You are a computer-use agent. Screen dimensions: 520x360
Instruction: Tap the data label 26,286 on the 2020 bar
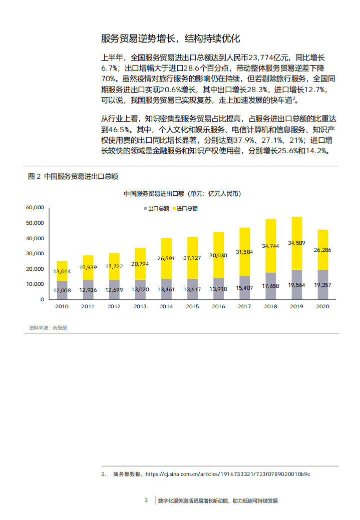click(323, 250)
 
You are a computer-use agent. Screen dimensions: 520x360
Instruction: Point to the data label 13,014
click(62, 271)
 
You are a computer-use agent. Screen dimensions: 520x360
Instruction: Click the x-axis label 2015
click(192, 307)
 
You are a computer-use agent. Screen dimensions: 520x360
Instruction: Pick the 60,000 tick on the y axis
click(36, 207)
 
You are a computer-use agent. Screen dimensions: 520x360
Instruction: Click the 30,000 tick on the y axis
click(36, 253)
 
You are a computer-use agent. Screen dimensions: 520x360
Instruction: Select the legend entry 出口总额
click(157, 208)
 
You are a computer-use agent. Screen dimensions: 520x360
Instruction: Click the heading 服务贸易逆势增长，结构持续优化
click(171, 39)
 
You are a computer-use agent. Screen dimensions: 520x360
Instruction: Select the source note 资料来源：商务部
click(48, 327)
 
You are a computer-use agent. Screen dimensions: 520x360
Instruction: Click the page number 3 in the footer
click(146, 500)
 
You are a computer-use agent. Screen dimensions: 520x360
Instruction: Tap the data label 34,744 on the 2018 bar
click(271, 246)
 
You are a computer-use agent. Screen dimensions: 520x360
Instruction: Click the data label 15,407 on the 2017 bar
click(245, 288)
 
